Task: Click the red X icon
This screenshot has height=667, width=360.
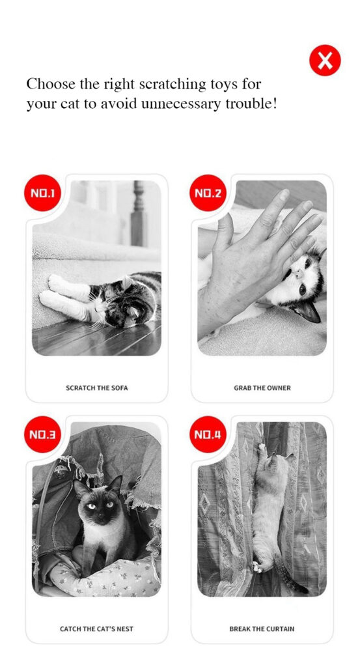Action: click(x=325, y=61)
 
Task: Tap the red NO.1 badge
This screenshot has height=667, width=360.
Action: click(x=42, y=193)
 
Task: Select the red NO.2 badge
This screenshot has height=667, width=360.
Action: click(x=208, y=193)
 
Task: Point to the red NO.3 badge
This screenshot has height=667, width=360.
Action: click(x=42, y=434)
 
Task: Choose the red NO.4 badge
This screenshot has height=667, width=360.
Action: click(x=208, y=434)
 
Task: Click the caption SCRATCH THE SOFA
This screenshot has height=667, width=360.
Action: click(x=97, y=388)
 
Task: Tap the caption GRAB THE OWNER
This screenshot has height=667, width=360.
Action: click(x=262, y=388)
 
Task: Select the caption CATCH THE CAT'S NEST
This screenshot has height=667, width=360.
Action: click(x=96, y=629)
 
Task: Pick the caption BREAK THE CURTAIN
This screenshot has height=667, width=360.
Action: click(x=262, y=629)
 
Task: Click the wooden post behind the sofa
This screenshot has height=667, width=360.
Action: click(x=137, y=214)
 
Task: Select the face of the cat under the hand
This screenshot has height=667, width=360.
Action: click(x=304, y=279)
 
